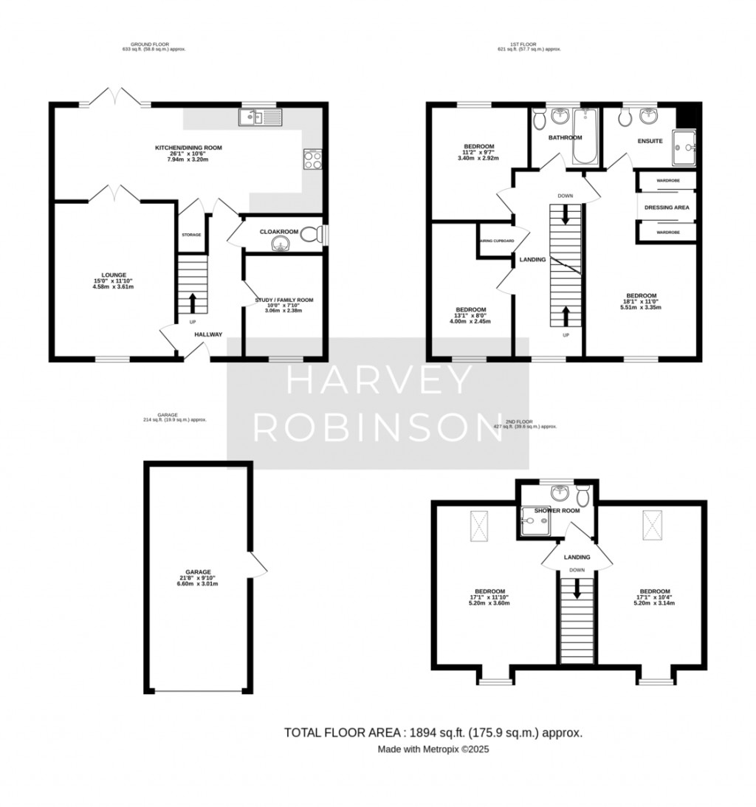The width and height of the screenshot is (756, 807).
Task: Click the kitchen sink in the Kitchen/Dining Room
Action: coord(260,117)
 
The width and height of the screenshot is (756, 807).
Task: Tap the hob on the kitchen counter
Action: coord(312,159)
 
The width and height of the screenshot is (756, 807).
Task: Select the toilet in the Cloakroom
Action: coord(315,235)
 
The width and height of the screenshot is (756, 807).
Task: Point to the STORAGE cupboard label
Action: coord(191,235)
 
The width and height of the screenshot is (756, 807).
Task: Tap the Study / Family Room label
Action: coord(283,300)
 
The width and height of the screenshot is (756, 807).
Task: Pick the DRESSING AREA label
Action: coord(667,207)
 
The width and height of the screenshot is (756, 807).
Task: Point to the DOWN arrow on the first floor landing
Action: coord(566,214)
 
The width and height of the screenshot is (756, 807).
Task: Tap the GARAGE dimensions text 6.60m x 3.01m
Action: coord(198,583)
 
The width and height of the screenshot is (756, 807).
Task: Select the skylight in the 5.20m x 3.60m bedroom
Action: coord(478,526)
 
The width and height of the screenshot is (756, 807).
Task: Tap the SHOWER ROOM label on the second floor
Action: coord(558,510)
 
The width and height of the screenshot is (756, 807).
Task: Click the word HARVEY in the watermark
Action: coord(377,381)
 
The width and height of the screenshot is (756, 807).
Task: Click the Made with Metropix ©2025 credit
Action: coord(433,749)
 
